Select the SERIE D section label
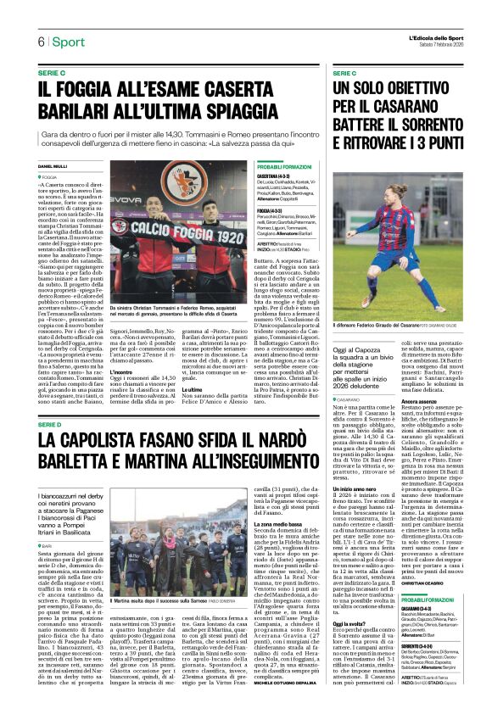[52, 423]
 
